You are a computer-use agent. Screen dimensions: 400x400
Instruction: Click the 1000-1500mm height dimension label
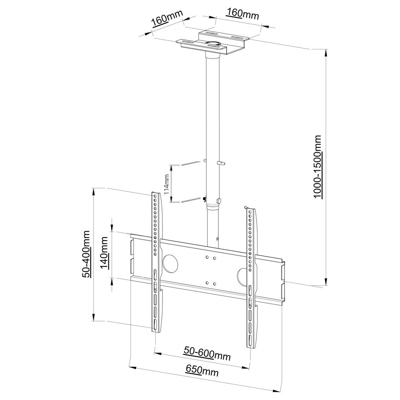click(318, 167)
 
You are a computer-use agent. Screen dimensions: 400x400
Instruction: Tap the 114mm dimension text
click(166, 184)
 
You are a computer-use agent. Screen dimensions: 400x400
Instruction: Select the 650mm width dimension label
click(202, 371)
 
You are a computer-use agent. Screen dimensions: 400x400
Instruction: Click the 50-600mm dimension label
click(207, 354)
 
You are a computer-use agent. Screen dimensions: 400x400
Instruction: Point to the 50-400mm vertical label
click(86, 254)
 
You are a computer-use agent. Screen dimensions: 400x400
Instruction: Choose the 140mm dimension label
click(104, 253)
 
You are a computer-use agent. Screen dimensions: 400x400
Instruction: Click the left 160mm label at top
click(168, 18)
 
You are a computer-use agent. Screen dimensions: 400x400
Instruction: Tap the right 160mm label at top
click(243, 14)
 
